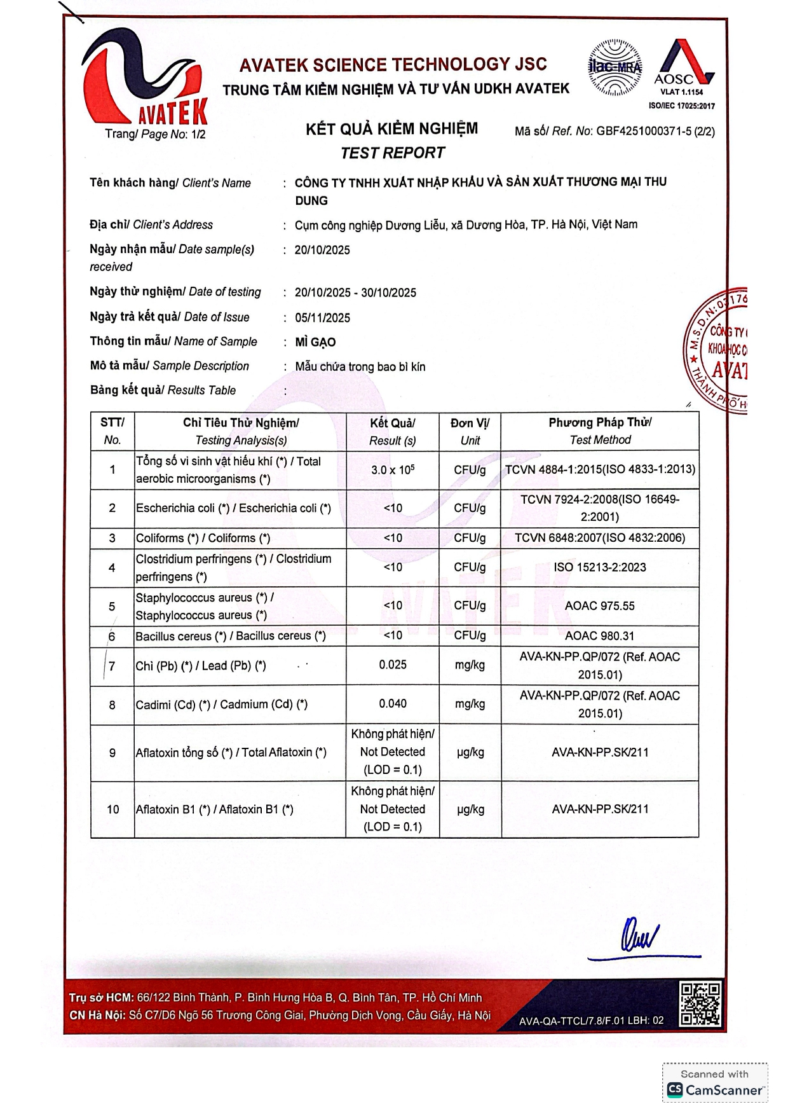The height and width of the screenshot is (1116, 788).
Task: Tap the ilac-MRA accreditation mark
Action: [x=614, y=67]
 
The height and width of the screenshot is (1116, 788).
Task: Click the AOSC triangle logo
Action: [x=683, y=64]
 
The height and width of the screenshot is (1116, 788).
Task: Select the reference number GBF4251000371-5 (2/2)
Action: [x=655, y=132]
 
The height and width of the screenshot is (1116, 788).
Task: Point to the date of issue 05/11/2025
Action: [x=322, y=318]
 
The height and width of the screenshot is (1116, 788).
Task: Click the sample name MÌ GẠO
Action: [x=315, y=342]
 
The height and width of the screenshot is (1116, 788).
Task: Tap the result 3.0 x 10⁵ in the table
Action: [x=393, y=470]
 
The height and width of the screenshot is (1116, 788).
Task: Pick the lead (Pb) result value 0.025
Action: [x=393, y=665]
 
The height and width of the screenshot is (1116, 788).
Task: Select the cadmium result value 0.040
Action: [x=393, y=704]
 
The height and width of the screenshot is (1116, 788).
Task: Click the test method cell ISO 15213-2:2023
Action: [x=600, y=567]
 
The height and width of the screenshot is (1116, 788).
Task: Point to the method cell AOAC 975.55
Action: [x=600, y=606]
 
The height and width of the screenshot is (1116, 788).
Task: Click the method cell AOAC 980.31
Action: [x=600, y=636]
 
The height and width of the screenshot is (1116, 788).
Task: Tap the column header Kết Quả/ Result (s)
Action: [x=393, y=432]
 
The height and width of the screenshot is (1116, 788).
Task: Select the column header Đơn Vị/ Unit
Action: [x=470, y=432]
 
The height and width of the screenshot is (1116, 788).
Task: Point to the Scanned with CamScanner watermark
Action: [x=715, y=1083]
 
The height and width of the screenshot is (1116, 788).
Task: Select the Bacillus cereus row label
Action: [x=231, y=636]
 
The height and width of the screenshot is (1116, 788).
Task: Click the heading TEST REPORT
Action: [x=393, y=153]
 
